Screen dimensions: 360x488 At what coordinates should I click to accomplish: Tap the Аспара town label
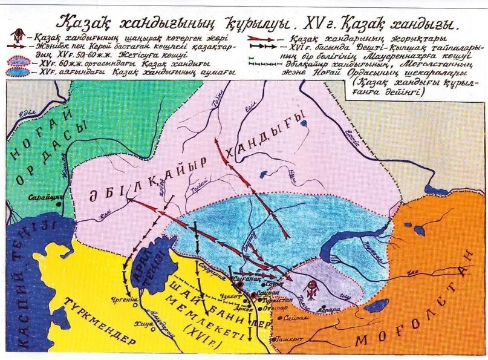coord(330,309)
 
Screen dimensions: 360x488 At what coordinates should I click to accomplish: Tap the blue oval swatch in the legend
coord(21,71)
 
